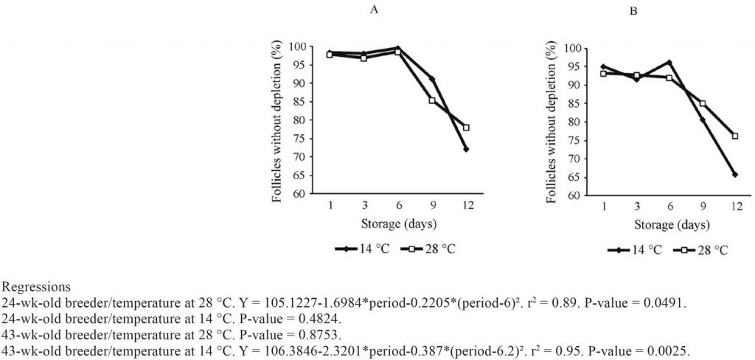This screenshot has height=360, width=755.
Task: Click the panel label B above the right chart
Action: point(632,12)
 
